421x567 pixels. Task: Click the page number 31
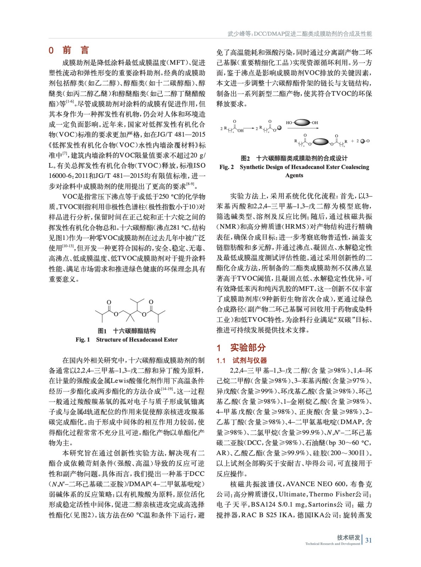(369, 540)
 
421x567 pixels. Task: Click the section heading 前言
(76, 50)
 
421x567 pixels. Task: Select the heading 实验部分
(248, 347)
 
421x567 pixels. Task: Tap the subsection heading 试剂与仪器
(250, 360)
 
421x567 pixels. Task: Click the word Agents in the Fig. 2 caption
(294, 175)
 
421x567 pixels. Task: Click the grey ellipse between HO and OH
(302, 123)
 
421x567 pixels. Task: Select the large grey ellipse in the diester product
(321, 142)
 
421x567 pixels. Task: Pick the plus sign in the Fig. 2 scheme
(353, 141)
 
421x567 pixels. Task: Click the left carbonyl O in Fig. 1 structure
(109, 302)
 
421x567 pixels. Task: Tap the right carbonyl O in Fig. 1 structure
(151, 302)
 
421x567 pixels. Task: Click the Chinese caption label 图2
(245, 158)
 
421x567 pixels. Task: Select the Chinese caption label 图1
(102, 331)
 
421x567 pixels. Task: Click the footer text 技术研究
(348, 537)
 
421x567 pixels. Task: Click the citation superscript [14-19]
(167, 389)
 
